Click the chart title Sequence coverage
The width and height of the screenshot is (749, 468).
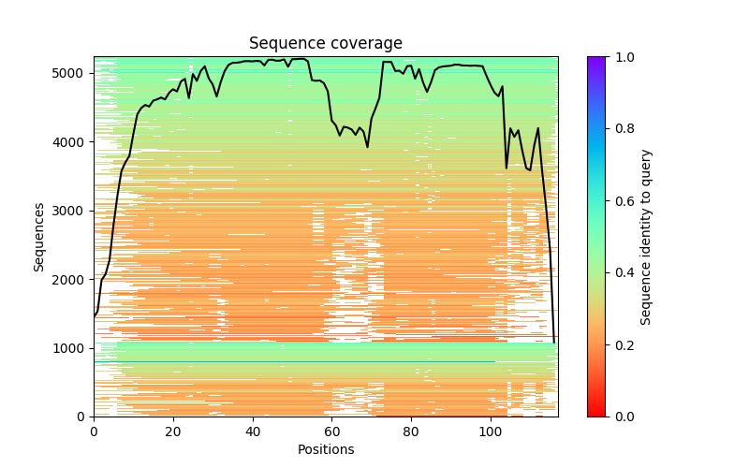(326, 44)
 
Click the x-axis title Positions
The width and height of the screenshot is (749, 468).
(326, 449)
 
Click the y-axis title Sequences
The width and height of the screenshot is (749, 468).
(39, 237)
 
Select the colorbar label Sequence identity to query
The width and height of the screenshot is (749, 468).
(646, 237)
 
